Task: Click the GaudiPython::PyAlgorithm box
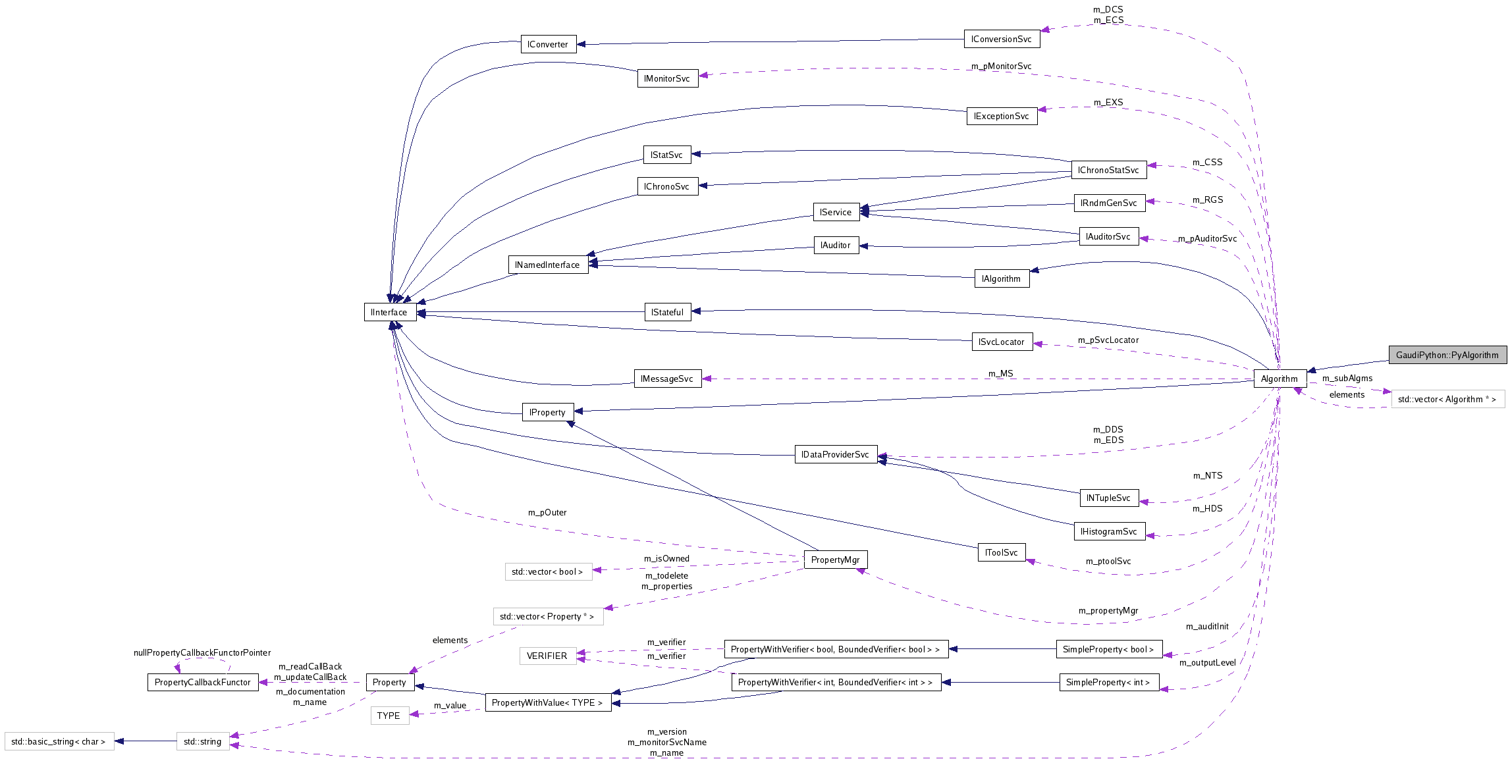pyautogui.click(x=1447, y=355)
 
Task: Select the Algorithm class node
pyautogui.click(x=1279, y=379)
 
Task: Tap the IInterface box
pyautogui.click(x=389, y=312)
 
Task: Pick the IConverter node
pyautogui.click(x=547, y=44)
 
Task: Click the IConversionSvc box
pyautogui.click(x=1001, y=39)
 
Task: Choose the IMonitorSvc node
pyautogui.click(x=667, y=78)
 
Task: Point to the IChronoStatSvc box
pyautogui.click(x=1108, y=170)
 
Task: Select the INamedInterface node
pyautogui.click(x=547, y=265)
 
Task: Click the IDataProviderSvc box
pyautogui.click(x=835, y=454)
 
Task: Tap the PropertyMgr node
pyautogui.click(x=835, y=560)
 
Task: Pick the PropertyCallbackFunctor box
pyautogui.click(x=202, y=682)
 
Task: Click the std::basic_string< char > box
pyautogui.click(x=59, y=741)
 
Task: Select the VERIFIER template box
pyautogui.click(x=547, y=656)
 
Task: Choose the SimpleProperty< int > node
pyautogui.click(x=1108, y=682)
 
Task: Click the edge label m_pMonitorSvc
pyautogui.click(x=1001, y=66)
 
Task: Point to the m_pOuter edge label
pyautogui.click(x=547, y=512)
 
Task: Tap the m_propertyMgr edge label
pyautogui.click(x=1108, y=610)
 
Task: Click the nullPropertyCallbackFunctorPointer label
pyautogui.click(x=202, y=652)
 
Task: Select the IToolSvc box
pyautogui.click(x=1001, y=552)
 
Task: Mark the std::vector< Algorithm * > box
pyautogui.click(x=1447, y=399)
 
